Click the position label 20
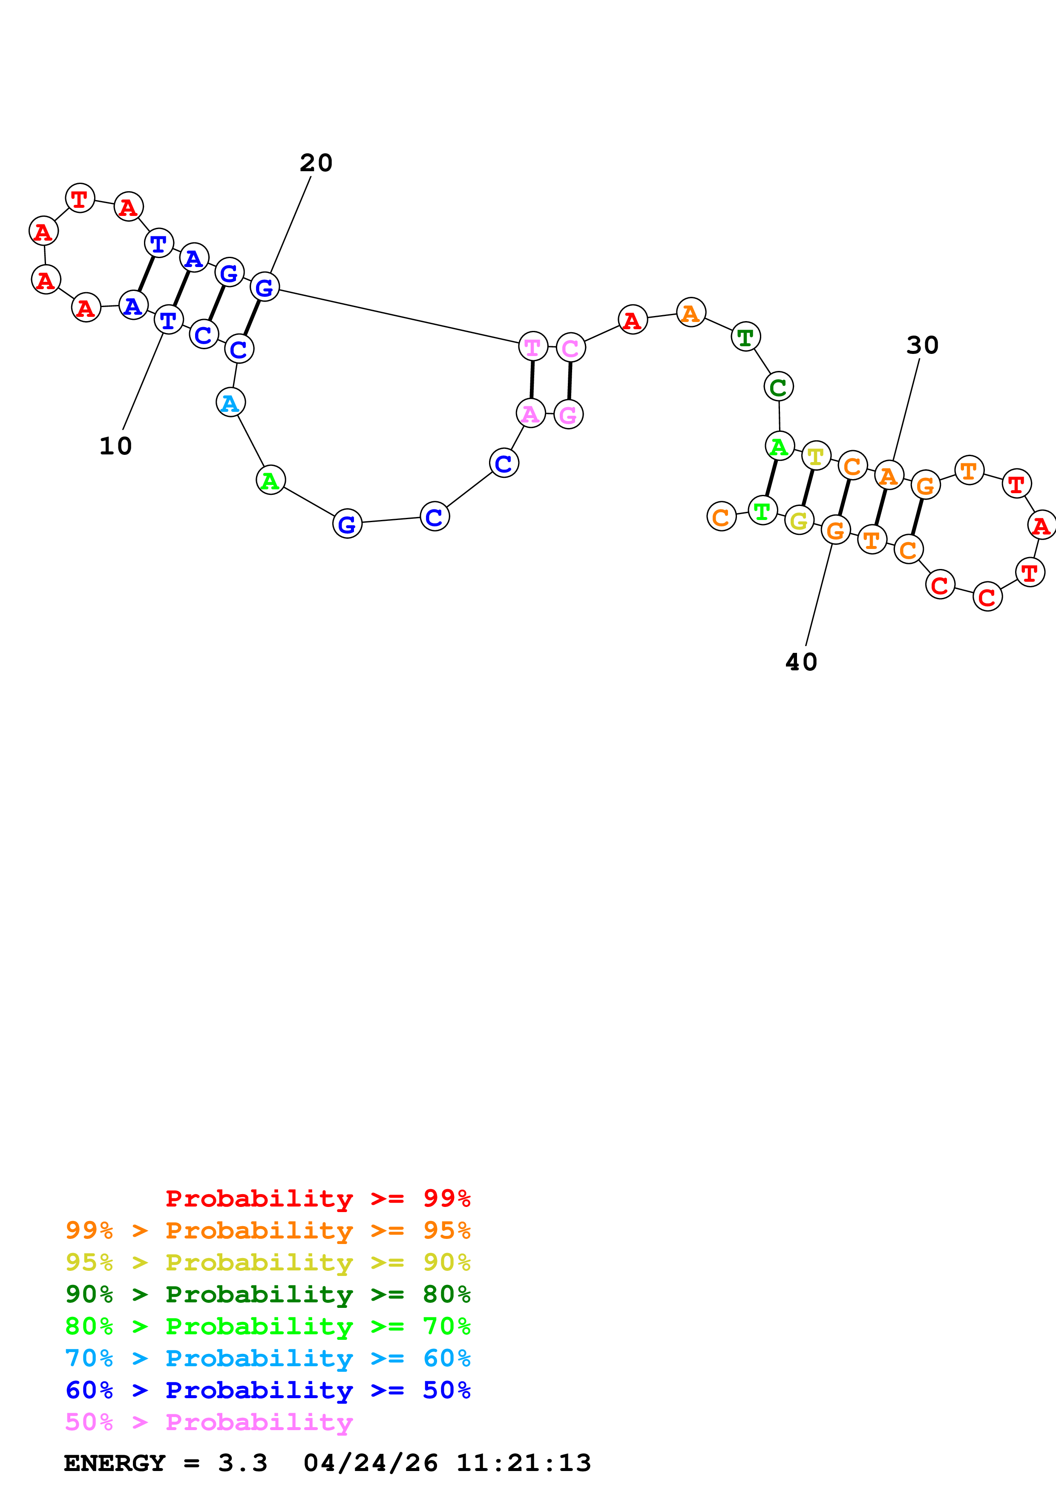point(316,163)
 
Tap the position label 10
point(116,446)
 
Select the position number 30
point(923,345)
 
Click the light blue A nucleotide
point(230,403)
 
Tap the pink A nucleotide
point(530,413)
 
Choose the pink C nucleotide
point(571,348)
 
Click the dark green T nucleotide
point(745,337)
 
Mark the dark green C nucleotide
point(778,387)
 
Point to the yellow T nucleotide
point(816,456)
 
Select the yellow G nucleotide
point(799,520)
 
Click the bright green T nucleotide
point(763,511)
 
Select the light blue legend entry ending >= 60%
point(268,1358)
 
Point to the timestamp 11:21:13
point(523,1463)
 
